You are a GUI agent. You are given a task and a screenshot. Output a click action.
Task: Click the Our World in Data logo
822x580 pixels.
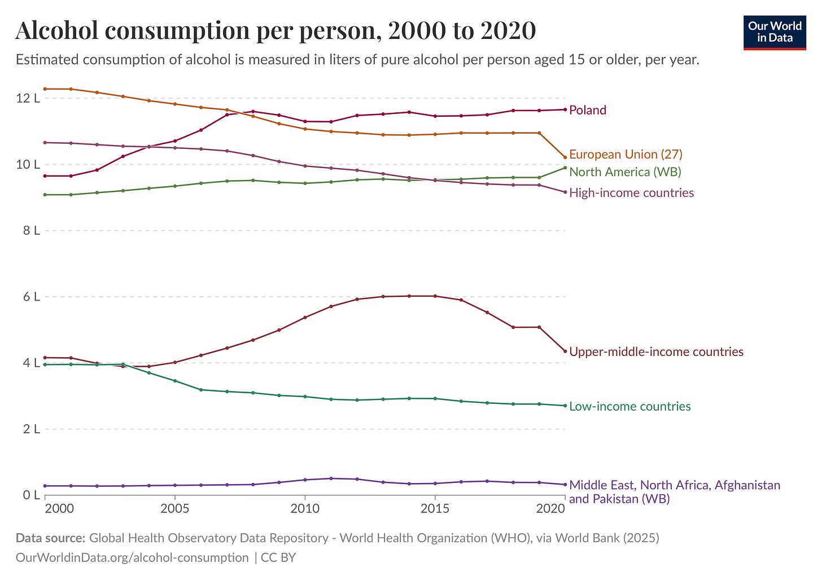point(775,33)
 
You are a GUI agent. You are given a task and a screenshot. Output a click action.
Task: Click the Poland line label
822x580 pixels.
point(587,110)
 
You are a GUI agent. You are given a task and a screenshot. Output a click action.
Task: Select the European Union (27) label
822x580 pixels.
point(626,154)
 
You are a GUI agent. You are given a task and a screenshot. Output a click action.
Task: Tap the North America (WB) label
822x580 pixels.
point(625,172)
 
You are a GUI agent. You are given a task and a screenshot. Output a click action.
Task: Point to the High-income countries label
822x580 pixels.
point(631,193)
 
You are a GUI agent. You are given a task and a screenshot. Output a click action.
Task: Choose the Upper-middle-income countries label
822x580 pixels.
point(656,352)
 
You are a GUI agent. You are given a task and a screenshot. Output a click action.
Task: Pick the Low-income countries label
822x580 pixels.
point(629,406)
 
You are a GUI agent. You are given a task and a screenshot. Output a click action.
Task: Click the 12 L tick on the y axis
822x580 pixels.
point(28,98)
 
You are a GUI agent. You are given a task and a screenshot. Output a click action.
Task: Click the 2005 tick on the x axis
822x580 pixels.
point(175,509)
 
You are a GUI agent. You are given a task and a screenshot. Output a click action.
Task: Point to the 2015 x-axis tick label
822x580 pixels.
point(435,509)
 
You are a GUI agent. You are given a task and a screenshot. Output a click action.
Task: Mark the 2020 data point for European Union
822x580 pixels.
point(565,157)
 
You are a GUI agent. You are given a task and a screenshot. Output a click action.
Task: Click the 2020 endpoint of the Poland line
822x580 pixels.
point(565,109)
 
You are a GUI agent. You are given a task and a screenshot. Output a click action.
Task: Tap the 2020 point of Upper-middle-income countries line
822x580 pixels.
point(565,351)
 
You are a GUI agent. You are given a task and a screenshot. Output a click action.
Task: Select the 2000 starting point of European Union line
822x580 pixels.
point(45,89)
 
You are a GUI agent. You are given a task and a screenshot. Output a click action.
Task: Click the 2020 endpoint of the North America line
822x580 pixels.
point(565,168)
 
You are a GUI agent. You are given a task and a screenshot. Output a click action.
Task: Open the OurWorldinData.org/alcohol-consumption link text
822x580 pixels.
point(132,557)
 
